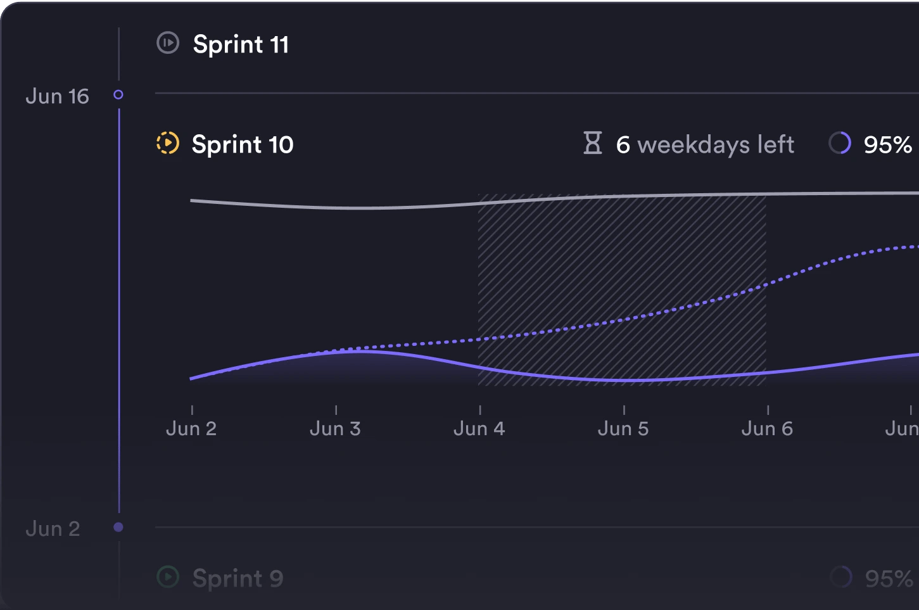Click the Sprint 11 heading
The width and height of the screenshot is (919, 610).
241,44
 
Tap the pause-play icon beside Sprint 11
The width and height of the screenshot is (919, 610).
168,43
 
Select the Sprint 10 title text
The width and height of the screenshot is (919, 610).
243,144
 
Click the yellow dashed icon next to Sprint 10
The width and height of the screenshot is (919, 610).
168,143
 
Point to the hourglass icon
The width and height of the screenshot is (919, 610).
593,143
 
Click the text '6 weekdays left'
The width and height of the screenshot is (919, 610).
705,144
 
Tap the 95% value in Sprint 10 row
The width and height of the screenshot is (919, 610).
887,144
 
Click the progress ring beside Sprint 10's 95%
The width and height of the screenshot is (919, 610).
840,143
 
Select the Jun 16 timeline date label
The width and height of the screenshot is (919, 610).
57,96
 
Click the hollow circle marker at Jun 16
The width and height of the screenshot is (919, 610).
118,95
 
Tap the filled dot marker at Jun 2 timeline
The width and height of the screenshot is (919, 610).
118,527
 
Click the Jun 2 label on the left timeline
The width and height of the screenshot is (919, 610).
53,528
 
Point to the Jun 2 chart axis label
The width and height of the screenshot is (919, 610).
191,429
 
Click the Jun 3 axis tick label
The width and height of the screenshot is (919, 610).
335,429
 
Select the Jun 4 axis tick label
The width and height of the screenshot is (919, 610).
479,429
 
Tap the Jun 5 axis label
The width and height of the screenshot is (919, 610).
623,429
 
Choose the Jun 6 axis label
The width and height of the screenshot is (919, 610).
767,429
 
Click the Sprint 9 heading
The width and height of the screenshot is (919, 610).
238,578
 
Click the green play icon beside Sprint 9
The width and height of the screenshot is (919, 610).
168,577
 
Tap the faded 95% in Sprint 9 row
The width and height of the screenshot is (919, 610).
889,578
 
